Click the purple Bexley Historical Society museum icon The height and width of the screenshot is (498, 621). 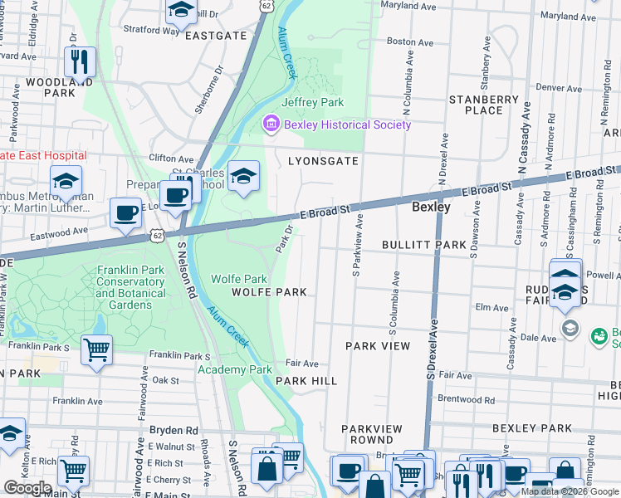(x=271, y=124)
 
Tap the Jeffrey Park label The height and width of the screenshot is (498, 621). (x=312, y=102)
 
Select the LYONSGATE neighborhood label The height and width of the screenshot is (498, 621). (x=323, y=161)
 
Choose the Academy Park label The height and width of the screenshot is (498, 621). (x=241, y=369)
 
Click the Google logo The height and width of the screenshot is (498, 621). (x=27, y=488)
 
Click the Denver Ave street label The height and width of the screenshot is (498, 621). (x=558, y=87)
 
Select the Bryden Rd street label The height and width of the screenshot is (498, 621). (x=174, y=431)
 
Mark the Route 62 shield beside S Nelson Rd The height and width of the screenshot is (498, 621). (x=156, y=237)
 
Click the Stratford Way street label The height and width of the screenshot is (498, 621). (x=151, y=30)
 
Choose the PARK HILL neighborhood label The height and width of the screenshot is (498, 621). (x=306, y=380)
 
